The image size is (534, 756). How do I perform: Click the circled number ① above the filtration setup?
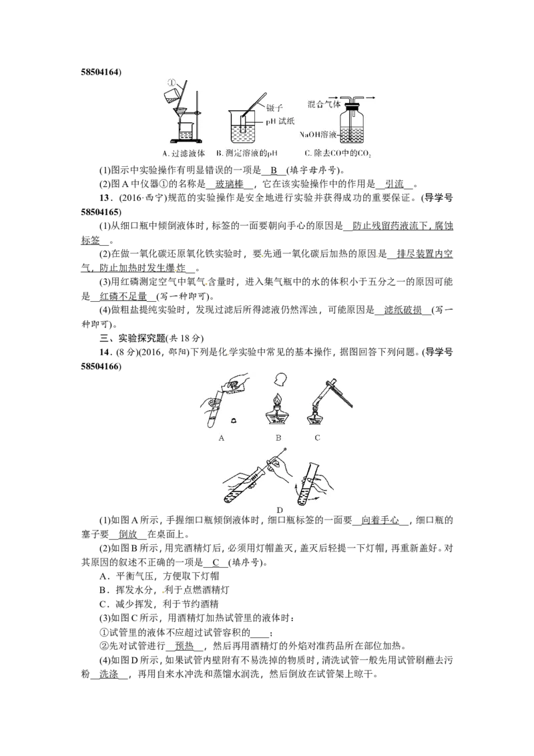click(172, 82)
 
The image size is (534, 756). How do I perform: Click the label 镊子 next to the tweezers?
click(275, 108)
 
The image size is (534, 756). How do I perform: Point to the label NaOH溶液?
click(318, 134)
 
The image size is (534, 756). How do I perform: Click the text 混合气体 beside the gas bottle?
click(324, 104)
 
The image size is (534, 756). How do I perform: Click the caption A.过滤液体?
click(184, 154)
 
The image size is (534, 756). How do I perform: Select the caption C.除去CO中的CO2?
click(337, 154)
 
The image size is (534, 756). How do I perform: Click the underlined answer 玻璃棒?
click(230, 184)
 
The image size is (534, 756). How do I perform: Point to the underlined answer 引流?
click(394, 184)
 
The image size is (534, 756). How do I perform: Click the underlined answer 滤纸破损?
click(403, 310)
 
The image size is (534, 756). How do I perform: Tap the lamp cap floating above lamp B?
click(280, 379)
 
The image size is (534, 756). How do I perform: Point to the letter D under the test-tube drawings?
click(280, 510)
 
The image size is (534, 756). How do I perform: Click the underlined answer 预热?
click(185, 646)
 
